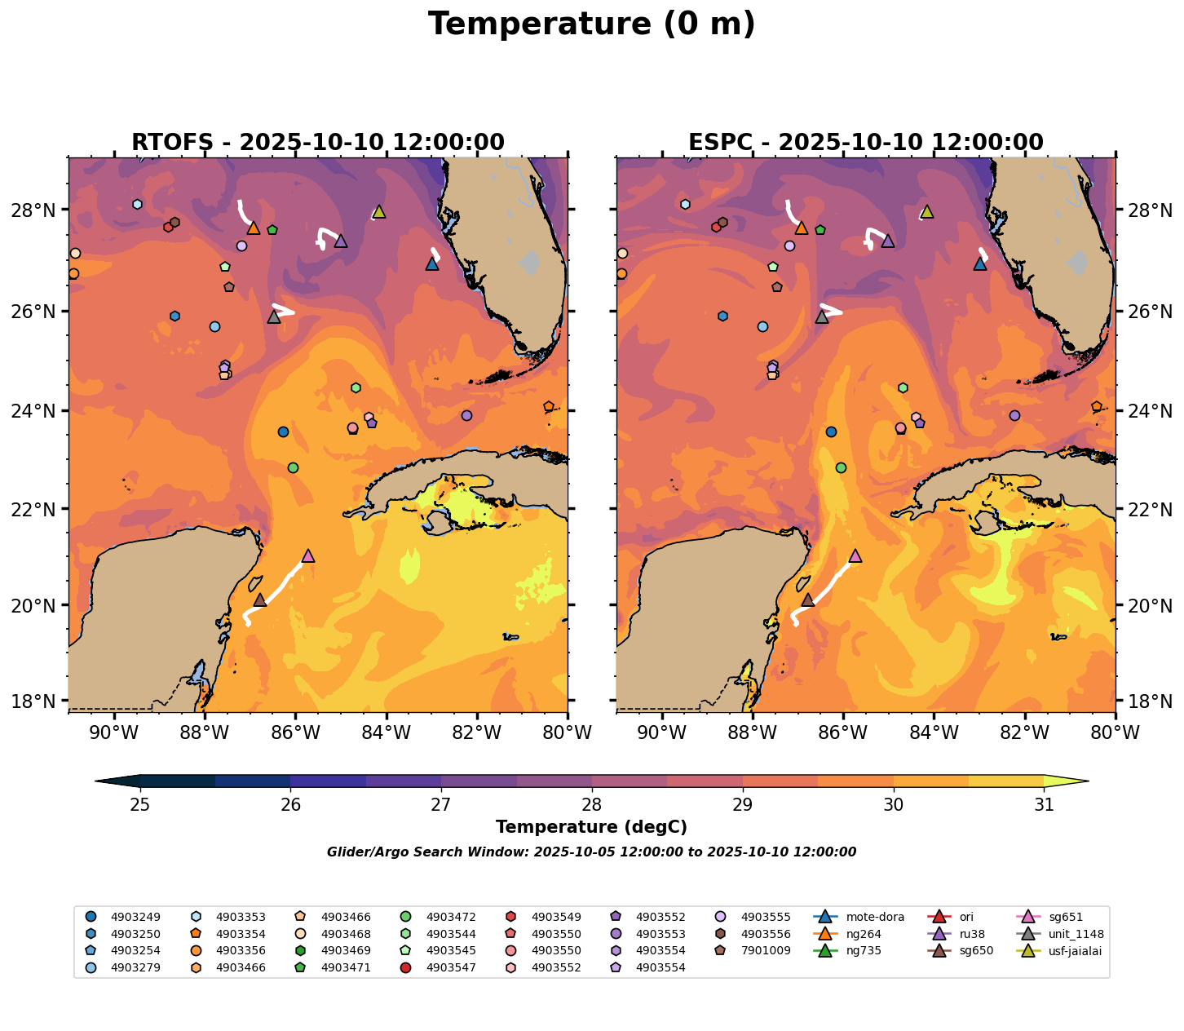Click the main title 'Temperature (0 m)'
pyautogui.click(x=591, y=24)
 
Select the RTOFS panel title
pyautogui.click(x=318, y=143)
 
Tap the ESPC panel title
pyautogui.click(x=866, y=143)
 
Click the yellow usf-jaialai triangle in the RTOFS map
pyautogui.click(x=379, y=212)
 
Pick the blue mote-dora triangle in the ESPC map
pyautogui.click(x=980, y=263)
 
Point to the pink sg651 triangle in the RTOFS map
pyautogui.click(x=308, y=556)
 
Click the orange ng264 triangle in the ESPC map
pyautogui.click(x=802, y=228)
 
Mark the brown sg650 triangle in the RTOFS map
pyautogui.click(x=260, y=600)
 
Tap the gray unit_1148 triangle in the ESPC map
pyautogui.click(x=822, y=316)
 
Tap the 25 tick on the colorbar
pyautogui.click(x=140, y=805)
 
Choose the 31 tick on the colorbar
pyautogui.click(x=1044, y=805)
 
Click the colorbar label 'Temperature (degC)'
pyautogui.click(x=591, y=827)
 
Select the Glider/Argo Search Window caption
pyautogui.click(x=591, y=852)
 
